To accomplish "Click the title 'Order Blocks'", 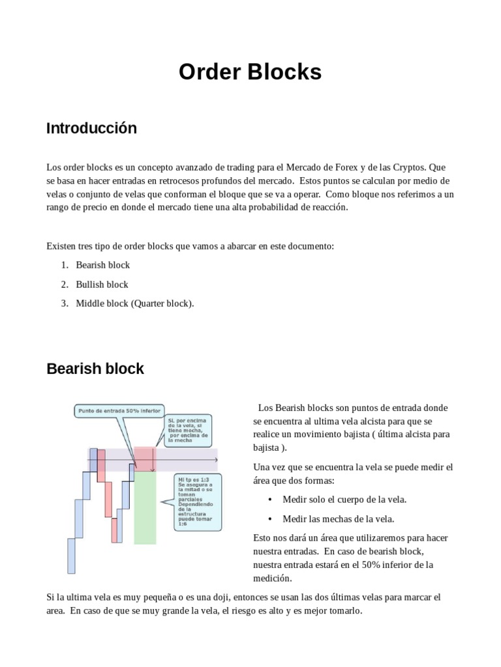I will pos(250,72).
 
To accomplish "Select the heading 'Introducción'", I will pos(91,128).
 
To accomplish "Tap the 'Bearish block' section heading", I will pos(95,369).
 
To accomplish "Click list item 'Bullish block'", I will pos(102,284).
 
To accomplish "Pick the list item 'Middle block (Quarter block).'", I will pos(135,304).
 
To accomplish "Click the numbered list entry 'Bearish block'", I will pos(102,265).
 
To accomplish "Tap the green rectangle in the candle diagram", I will pos(145,508).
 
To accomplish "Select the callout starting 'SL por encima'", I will pos(189,430).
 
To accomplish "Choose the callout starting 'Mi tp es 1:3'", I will pos(198,503).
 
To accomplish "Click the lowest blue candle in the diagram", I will pos(72,556).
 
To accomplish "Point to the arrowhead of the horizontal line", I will pos(216,461).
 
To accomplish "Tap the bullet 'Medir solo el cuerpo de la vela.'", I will pos(344,500).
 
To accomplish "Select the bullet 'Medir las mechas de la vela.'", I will pos(338,519).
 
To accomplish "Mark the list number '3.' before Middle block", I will pos(65,304).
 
